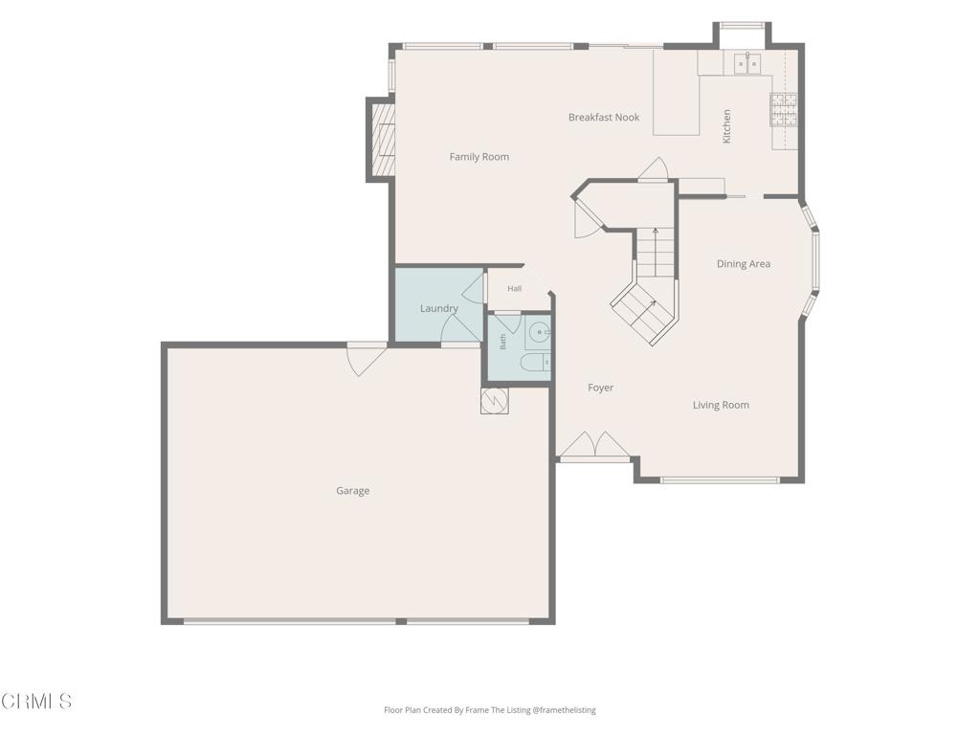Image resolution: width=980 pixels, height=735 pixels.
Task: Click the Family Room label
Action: tap(479, 157)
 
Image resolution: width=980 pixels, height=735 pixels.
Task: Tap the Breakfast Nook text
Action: tap(604, 117)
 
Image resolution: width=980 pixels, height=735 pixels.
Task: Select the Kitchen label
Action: tap(726, 126)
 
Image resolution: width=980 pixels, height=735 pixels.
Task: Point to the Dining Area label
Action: tap(743, 264)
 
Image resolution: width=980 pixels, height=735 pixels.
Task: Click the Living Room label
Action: tap(721, 405)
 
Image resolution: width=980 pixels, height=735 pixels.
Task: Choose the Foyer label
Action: tap(601, 388)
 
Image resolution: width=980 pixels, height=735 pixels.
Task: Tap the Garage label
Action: tap(352, 491)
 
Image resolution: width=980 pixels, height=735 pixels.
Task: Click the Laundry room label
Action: tap(438, 308)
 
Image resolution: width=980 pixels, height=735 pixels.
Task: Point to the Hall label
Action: tap(514, 289)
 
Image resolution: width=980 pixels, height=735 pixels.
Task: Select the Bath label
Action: tap(502, 342)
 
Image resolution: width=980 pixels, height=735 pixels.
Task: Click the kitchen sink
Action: tap(746, 63)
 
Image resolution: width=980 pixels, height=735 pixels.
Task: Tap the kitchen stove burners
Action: tap(784, 109)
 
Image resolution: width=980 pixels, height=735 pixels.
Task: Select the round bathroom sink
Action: tap(538, 332)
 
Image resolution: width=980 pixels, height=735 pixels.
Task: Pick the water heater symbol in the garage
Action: tap(495, 401)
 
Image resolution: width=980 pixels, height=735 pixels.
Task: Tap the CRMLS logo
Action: tap(36, 702)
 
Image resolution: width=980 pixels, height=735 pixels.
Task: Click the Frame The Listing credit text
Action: tap(489, 710)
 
